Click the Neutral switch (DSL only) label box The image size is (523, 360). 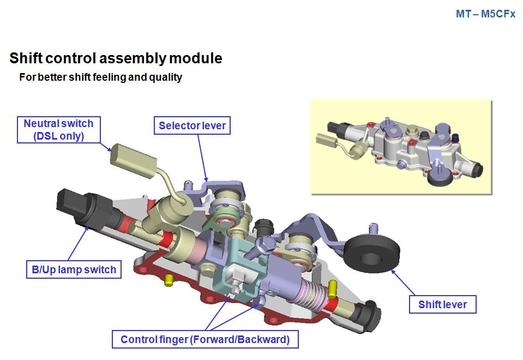(58, 130)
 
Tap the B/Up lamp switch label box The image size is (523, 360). (74, 269)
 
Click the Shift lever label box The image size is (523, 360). (442, 304)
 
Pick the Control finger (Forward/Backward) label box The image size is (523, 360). (205, 339)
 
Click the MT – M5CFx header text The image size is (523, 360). (485, 14)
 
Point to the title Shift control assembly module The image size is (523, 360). (116, 58)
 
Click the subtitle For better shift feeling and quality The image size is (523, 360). (100, 77)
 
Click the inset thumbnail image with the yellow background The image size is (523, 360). (401, 146)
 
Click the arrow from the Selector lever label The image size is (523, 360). (202, 158)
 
